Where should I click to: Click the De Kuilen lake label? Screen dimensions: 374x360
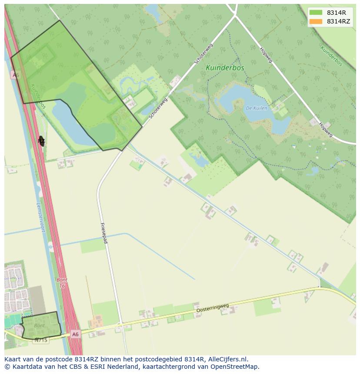coord(256,108)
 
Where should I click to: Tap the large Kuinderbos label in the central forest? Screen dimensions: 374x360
coord(225,68)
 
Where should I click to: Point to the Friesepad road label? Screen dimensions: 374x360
coord(104,233)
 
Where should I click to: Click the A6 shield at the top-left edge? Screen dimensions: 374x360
coord(16,75)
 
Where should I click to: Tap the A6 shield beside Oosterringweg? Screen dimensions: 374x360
coord(75,334)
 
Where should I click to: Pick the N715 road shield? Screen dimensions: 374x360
coord(41,340)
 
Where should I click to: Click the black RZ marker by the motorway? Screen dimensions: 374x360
coord(41,141)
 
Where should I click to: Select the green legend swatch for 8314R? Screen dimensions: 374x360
coord(316,13)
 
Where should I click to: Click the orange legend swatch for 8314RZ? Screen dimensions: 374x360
coord(316,21)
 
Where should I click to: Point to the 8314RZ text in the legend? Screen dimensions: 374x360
coord(338,21)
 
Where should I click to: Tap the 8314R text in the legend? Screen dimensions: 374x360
coord(337,13)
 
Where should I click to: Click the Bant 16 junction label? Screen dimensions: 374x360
coord(62,283)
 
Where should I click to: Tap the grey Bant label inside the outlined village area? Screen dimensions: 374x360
coord(39,325)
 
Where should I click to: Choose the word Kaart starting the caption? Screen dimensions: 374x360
coord(13,359)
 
